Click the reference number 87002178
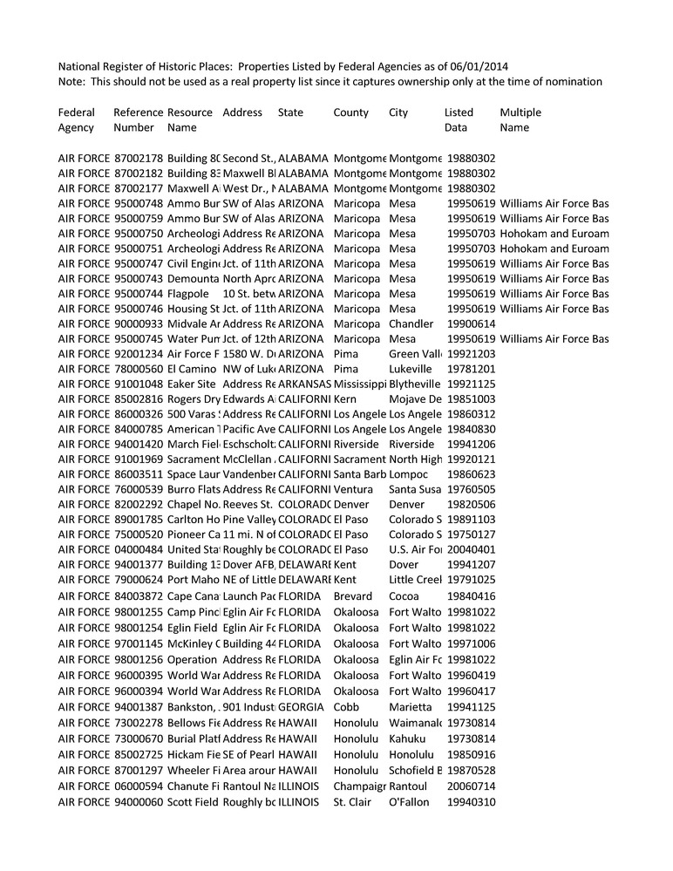pyautogui.click(x=139, y=159)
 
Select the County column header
pyautogui.click(x=350, y=112)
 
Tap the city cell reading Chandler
pyautogui.click(x=411, y=324)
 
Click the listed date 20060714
pyautogui.click(x=471, y=787)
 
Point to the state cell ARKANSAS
pyautogui.click(x=304, y=384)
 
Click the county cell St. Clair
pyautogui.click(x=353, y=802)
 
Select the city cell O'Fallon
pyautogui.click(x=410, y=802)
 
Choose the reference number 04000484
pyautogui.click(x=139, y=550)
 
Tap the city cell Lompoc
pyautogui.click(x=408, y=474)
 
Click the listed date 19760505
pyautogui.click(x=471, y=490)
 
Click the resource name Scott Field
pyautogui.click(x=193, y=802)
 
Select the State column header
pyautogui.click(x=291, y=112)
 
